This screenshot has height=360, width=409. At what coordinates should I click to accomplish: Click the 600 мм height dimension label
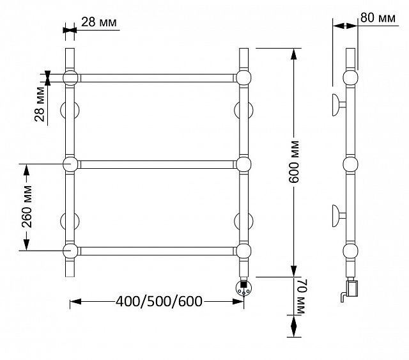pyautogui.click(x=294, y=162)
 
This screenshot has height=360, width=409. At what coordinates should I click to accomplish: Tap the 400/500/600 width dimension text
pyautogui.click(x=159, y=302)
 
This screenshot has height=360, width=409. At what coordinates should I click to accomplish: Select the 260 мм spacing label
pyautogui.click(x=27, y=207)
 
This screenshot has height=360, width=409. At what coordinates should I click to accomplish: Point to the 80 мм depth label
pyautogui.click(x=378, y=18)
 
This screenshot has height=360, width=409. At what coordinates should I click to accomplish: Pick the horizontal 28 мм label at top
pyautogui.click(x=99, y=22)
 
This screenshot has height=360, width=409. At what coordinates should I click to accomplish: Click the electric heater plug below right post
pyautogui.click(x=243, y=288)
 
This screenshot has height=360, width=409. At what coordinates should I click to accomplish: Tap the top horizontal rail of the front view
pyautogui.click(x=157, y=78)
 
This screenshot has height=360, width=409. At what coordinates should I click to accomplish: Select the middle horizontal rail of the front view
pyautogui.click(x=157, y=164)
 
